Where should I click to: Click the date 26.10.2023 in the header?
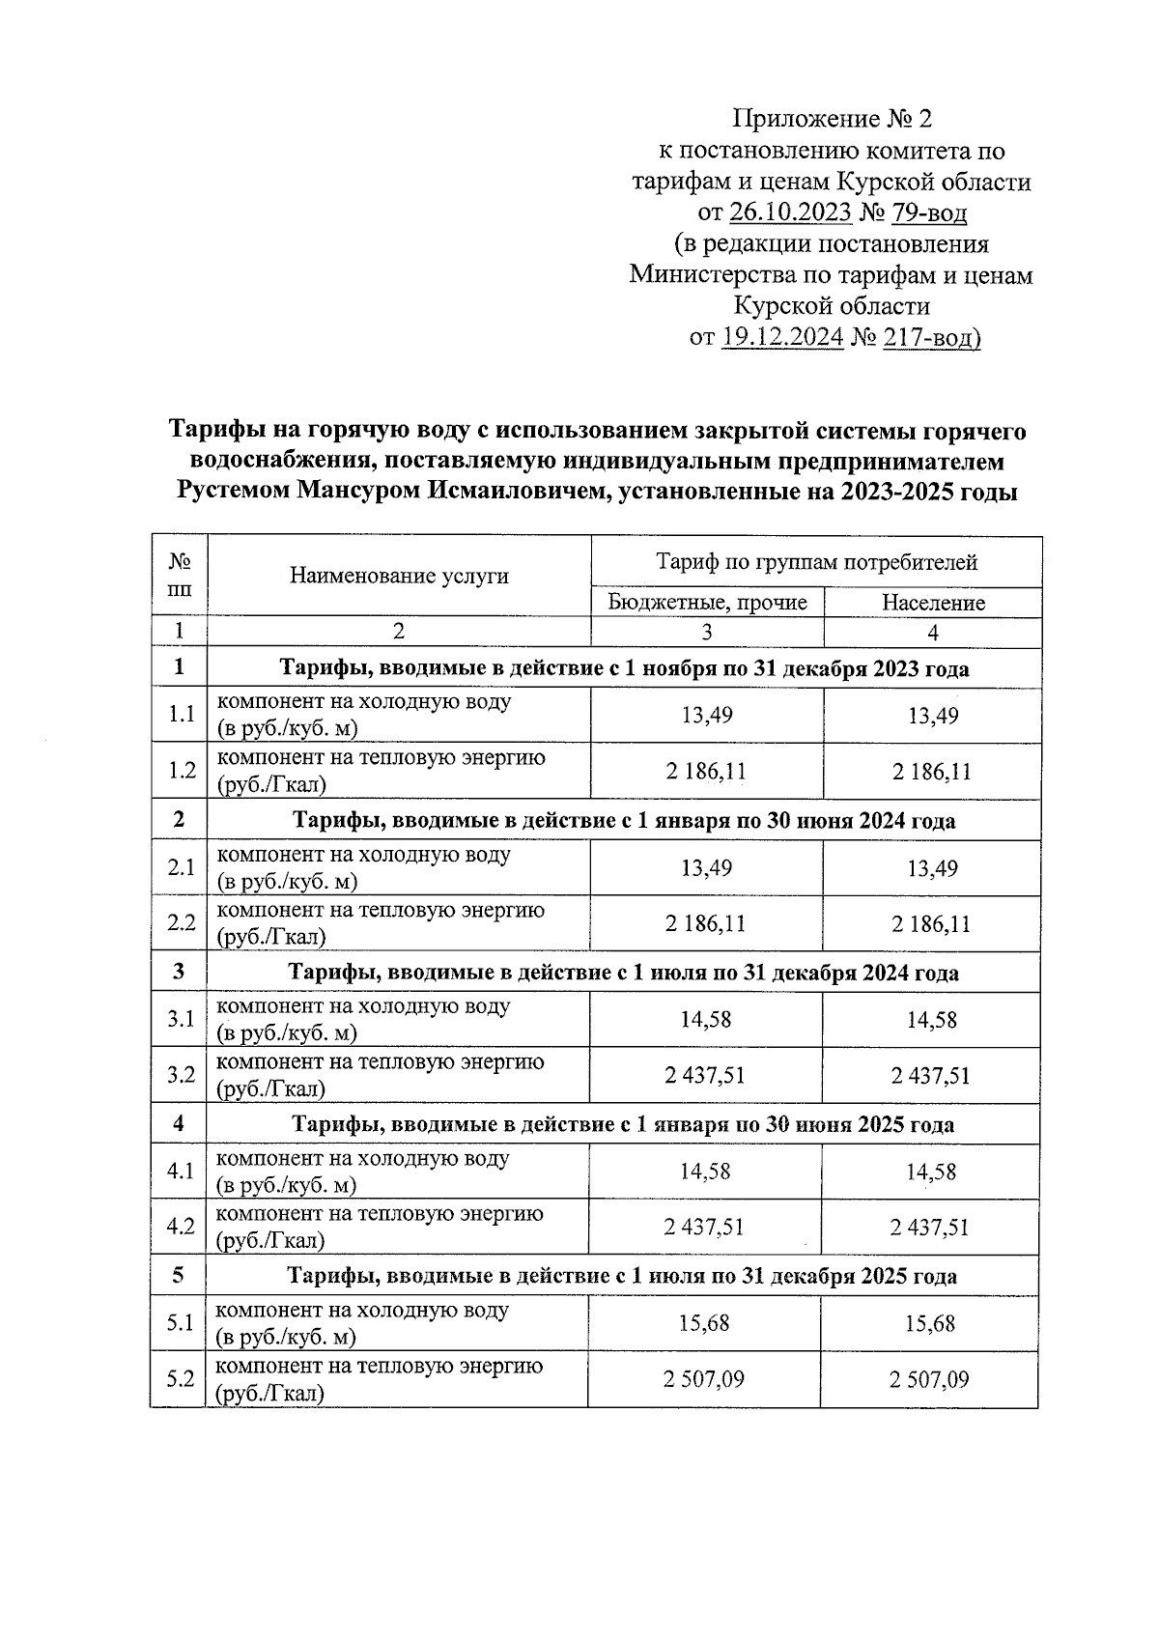[x=790, y=212]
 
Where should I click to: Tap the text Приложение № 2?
[x=833, y=119]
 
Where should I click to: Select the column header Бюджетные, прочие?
[x=707, y=603]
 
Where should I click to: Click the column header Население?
[x=933, y=603]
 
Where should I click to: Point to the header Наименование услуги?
[x=399, y=577]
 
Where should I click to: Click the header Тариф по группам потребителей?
[x=816, y=562]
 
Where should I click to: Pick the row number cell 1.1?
[x=181, y=716]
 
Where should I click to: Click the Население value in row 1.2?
[x=932, y=772]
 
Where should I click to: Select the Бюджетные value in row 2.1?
[x=706, y=868]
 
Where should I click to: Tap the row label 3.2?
[x=181, y=1075]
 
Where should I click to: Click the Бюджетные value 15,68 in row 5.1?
[x=704, y=1323]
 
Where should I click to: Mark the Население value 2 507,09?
[x=928, y=1379]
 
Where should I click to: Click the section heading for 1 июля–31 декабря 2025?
[x=622, y=1277]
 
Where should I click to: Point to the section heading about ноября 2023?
[x=624, y=668]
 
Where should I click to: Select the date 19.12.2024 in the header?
[x=782, y=338]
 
